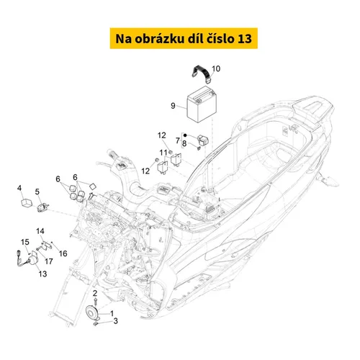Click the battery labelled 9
pyautogui.click(x=202, y=104)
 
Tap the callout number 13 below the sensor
pyautogui.click(x=42, y=274)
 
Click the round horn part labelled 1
pyautogui.click(x=93, y=312)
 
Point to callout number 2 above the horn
pyautogui.click(x=95, y=293)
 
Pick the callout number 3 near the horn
pyautogui.click(x=115, y=321)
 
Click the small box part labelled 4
pyautogui.click(x=27, y=203)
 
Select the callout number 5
pyautogui.click(x=37, y=192)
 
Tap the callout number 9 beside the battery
pyautogui.click(x=173, y=106)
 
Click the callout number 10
pyautogui.click(x=216, y=68)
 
